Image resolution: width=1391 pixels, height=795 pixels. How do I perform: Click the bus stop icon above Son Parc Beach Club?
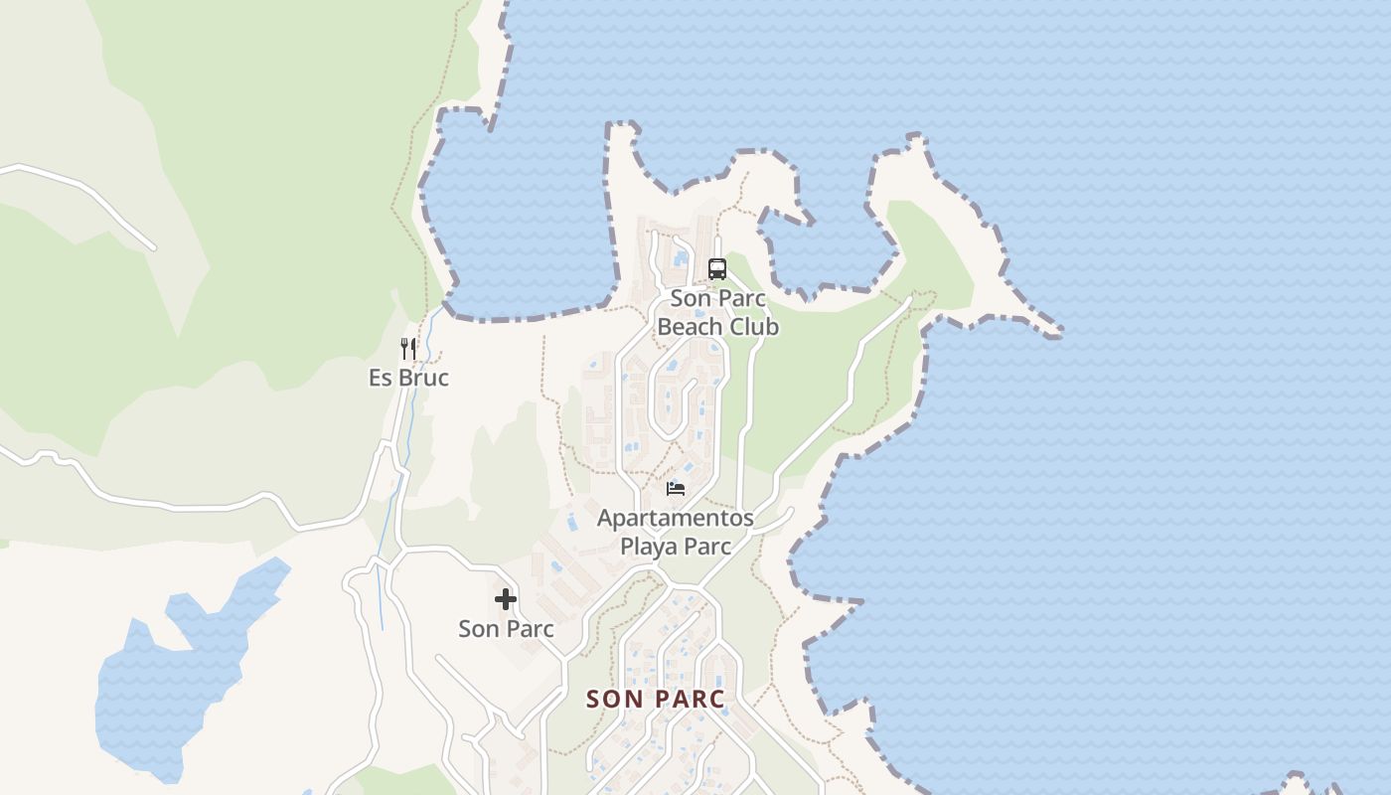point(716,268)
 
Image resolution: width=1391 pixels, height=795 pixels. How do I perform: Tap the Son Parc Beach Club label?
point(717,312)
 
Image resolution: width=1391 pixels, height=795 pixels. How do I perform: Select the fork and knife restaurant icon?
point(408,348)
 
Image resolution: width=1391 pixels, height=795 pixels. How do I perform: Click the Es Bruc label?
point(408,378)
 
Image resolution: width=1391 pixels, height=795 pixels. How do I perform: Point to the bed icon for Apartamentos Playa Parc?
point(676,488)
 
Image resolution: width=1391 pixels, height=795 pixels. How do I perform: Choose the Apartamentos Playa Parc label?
point(676,532)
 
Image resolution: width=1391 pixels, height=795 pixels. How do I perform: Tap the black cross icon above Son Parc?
point(506,599)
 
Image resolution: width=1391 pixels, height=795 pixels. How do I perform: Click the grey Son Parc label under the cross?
point(506,629)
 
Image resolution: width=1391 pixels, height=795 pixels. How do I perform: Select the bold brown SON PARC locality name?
point(656,699)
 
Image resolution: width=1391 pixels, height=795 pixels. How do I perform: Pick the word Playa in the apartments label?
point(649,547)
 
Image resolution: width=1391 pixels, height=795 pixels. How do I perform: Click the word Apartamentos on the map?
point(676,518)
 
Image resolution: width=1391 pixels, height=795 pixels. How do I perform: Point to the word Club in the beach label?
point(754,327)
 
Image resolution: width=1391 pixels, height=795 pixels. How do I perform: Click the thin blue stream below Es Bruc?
point(382,566)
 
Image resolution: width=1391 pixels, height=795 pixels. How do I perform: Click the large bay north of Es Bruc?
point(517,229)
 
